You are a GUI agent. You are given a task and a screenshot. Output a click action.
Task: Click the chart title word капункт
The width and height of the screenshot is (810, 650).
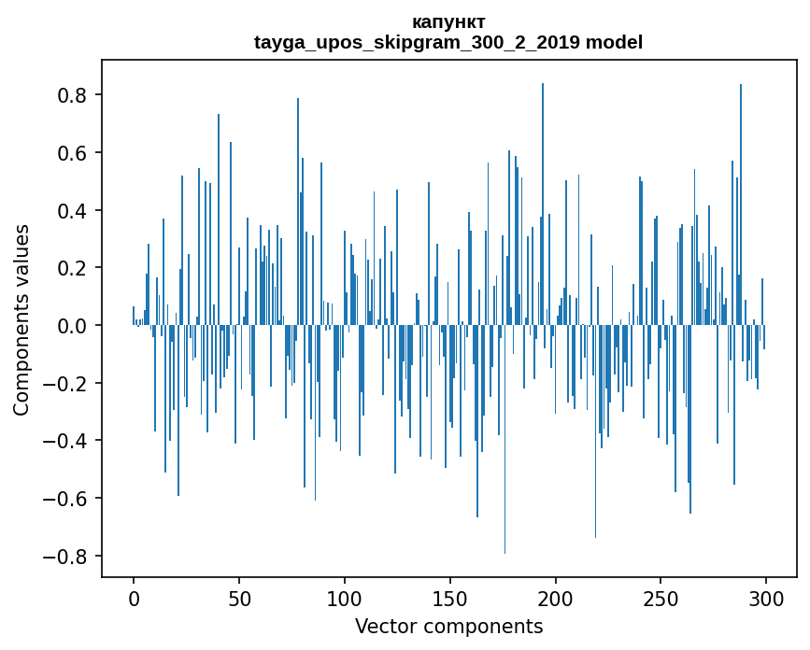click(448, 21)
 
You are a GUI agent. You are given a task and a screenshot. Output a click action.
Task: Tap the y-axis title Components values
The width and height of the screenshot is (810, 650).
click(21, 319)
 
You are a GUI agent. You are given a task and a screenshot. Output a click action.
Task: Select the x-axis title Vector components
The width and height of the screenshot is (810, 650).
click(448, 626)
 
